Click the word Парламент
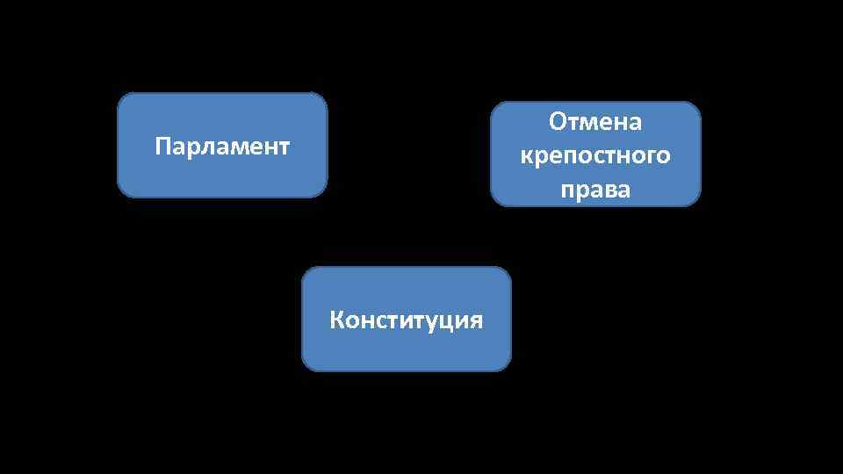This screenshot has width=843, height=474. [221, 146]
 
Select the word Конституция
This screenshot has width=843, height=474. [406, 320]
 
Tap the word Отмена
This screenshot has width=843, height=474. [595, 122]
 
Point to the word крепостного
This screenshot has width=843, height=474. [595, 156]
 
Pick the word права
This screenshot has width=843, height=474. [595, 190]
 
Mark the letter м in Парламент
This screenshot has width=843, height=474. [231, 147]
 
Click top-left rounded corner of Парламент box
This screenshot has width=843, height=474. [124, 98]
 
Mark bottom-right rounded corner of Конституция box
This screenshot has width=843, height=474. [505, 365]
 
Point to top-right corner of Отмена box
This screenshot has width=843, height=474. [695, 107]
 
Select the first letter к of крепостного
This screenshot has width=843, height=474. [526, 157]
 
